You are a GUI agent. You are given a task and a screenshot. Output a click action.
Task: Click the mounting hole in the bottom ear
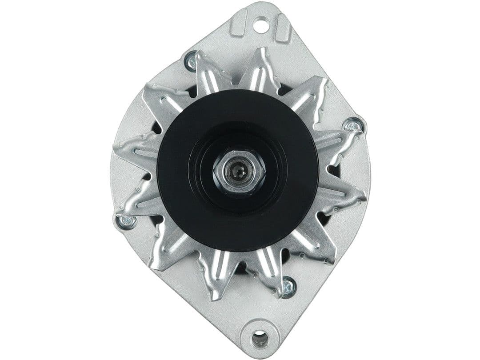(x=260, y=339)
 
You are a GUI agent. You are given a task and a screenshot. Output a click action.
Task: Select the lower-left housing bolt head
(x=125, y=221)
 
